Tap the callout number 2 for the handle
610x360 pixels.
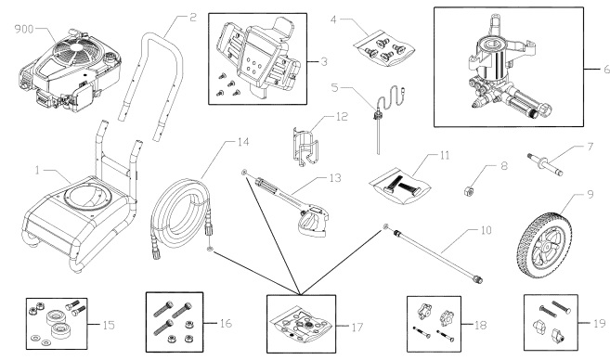[193, 17]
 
